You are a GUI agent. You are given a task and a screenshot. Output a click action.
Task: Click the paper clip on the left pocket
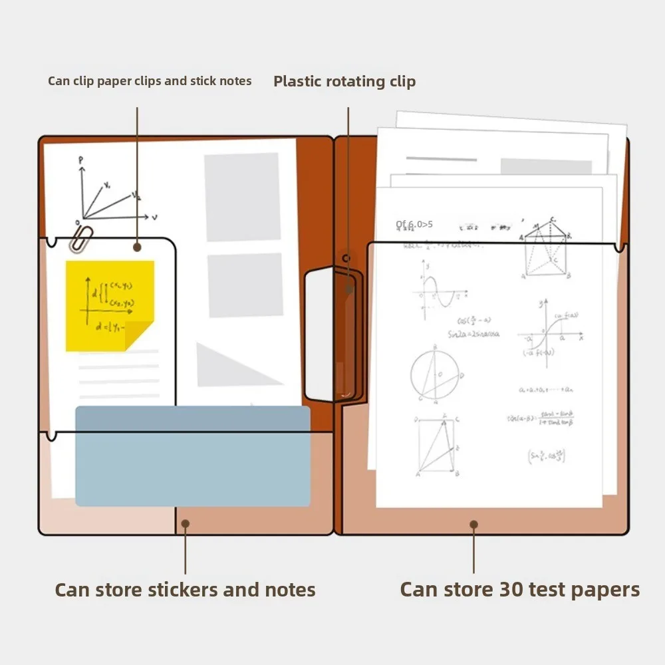(x=80, y=239)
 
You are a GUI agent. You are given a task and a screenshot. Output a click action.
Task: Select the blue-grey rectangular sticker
(x=192, y=456)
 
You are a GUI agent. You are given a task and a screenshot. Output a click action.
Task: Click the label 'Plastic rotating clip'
(x=344, y=82)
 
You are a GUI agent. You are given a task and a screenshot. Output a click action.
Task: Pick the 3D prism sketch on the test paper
(x=546, y=249)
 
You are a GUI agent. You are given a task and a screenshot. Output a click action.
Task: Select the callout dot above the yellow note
(x=137, y=247)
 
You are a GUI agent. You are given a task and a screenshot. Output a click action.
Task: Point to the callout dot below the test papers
(x=473, y=525)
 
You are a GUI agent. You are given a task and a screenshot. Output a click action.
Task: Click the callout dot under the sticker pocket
(x=186, y=524)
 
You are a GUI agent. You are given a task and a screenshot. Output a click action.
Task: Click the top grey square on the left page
(x=242, y=197)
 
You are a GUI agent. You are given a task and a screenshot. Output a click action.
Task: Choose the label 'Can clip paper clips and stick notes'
(x=150, y=81)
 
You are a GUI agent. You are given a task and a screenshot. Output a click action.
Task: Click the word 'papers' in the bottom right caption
(x=602, y=590)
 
